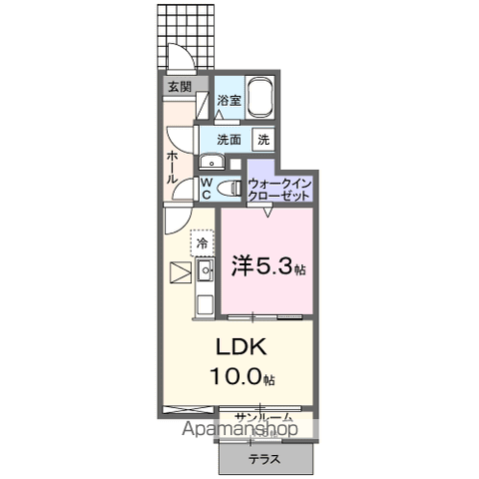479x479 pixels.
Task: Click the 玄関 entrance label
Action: point(180,87)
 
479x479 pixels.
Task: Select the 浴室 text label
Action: point(229,100)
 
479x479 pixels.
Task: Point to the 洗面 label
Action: point(229,140)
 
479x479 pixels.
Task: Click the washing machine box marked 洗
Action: point(264,140)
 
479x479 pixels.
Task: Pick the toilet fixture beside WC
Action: point(228,188)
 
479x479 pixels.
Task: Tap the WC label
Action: point(206,189)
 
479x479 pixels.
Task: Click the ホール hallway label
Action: point(172,166)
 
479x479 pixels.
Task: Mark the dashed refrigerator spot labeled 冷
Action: point(202,242)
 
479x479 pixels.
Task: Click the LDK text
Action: point(239,347)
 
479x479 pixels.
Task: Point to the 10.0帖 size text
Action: point(239,376)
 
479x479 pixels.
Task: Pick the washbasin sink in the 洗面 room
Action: point(212,162)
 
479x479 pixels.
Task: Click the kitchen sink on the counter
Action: point(205,269)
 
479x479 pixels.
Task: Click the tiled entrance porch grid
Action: point(186,35)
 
